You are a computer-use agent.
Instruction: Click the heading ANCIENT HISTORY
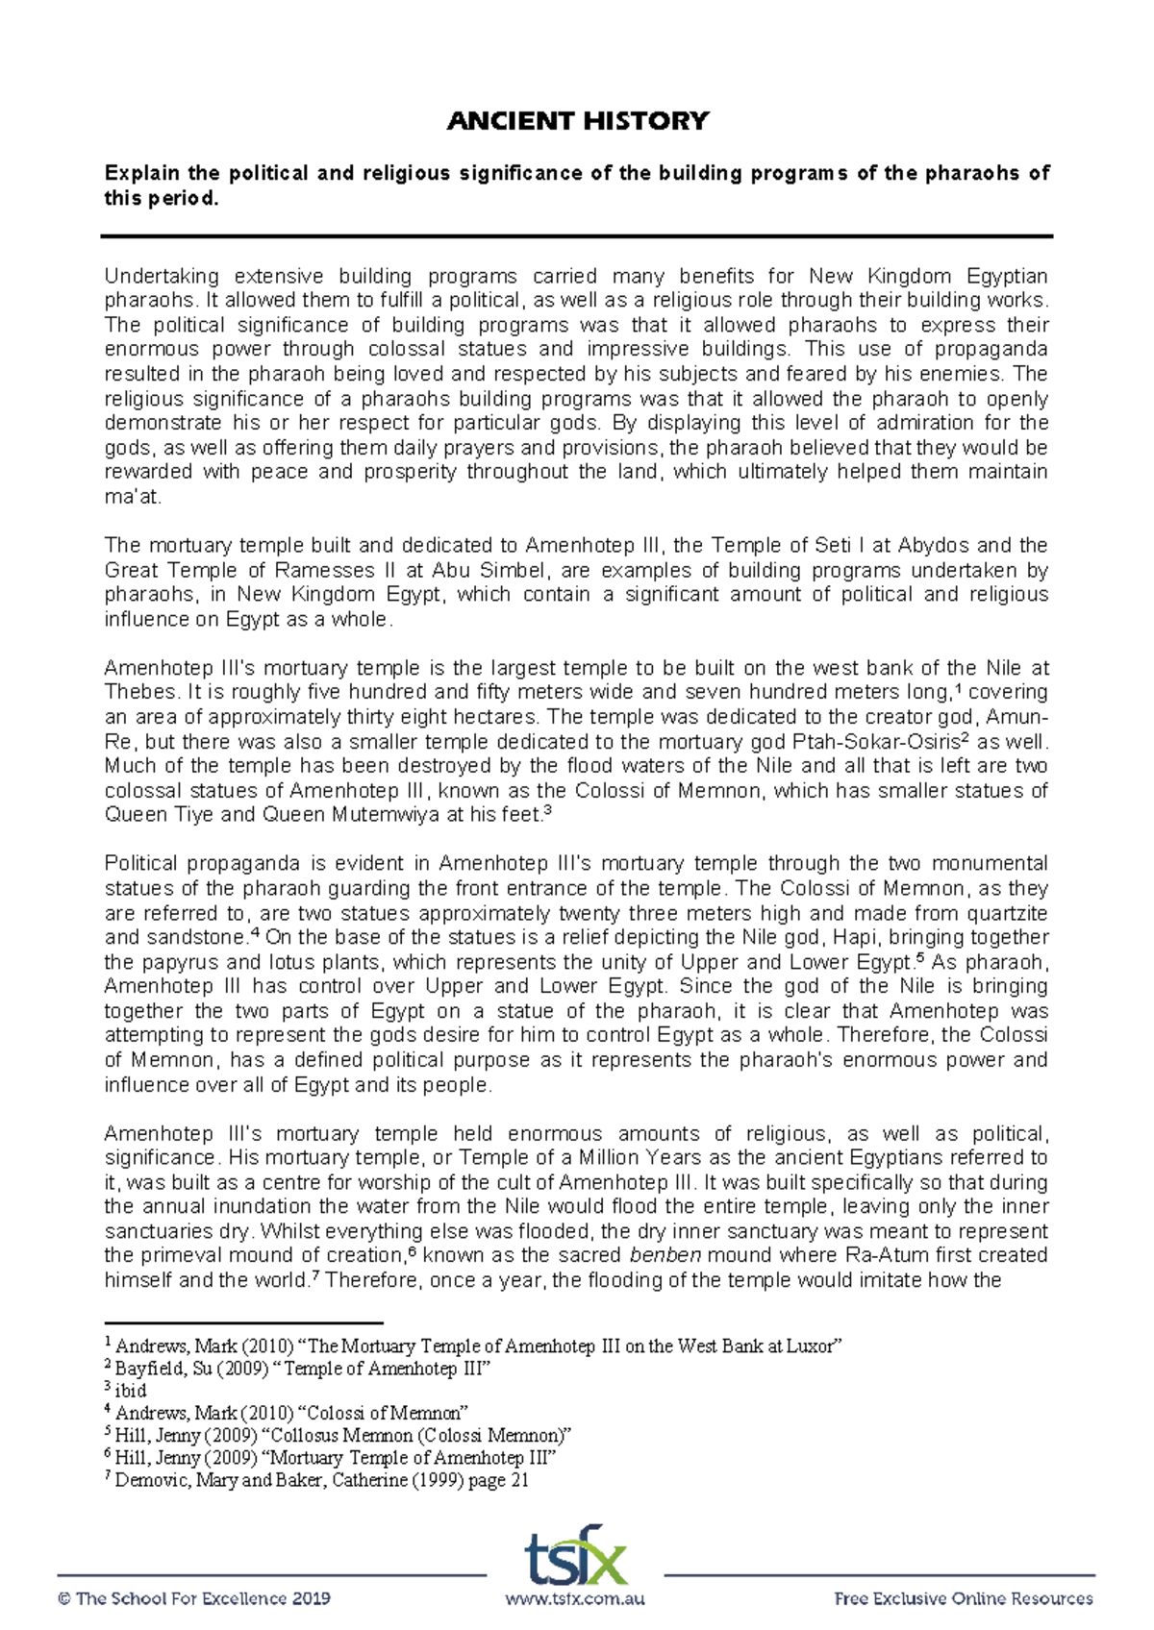[x=577, y=121]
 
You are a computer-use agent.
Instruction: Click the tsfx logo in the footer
[x=576, y=1554]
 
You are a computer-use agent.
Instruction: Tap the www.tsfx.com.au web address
[x=575, y=1599]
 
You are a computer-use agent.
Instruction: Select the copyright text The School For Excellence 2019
[x=194, y=1599]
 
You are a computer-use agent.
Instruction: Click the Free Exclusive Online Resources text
[x=964, y=1599]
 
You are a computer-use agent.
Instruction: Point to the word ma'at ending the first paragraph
[x=133, y=497]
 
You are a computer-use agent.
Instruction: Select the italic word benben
[x=665, y=1255]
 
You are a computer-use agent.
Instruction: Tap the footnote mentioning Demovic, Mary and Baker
[x=321, y=1480]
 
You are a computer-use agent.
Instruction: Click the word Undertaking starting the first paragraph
[x=162, y=277]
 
